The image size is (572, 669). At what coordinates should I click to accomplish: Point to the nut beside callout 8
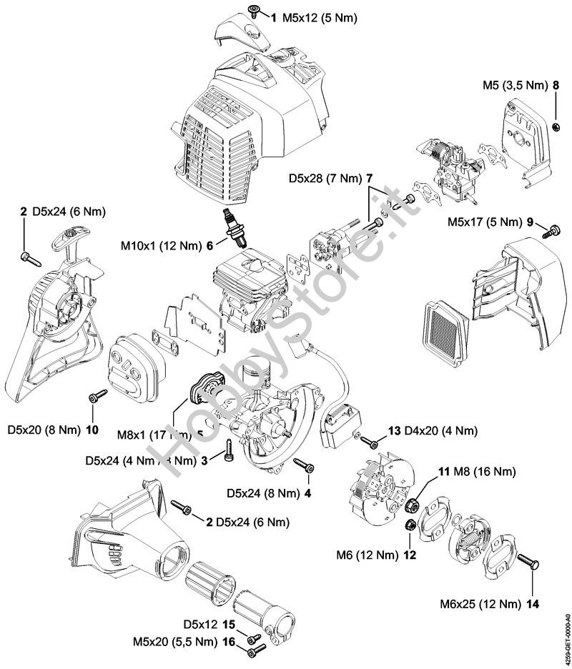point(555,127)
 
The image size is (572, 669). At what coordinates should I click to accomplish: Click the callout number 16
point(229,643)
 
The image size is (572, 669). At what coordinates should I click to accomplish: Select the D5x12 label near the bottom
point(199,623)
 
